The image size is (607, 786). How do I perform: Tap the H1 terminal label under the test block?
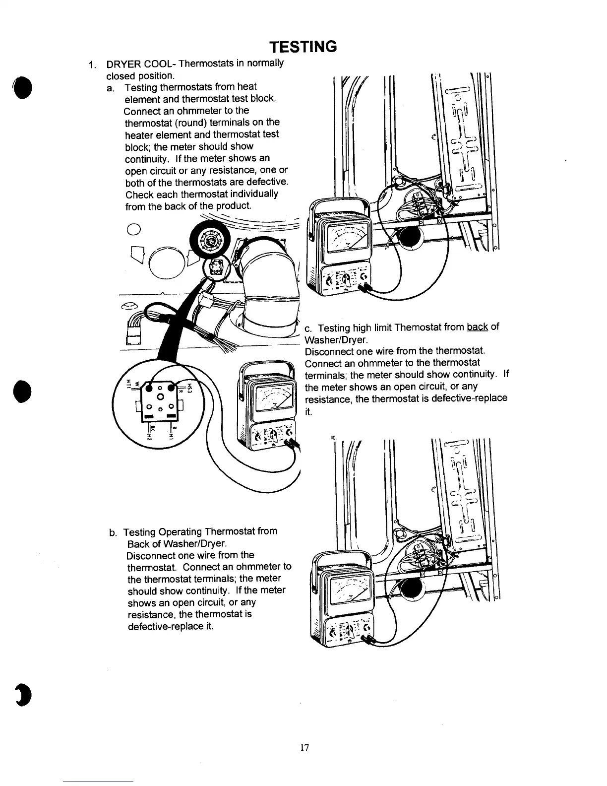(x=171, y=435)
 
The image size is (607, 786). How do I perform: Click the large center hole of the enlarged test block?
(x=160, y=397)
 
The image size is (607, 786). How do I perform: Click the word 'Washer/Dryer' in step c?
(x=336, y=340)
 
